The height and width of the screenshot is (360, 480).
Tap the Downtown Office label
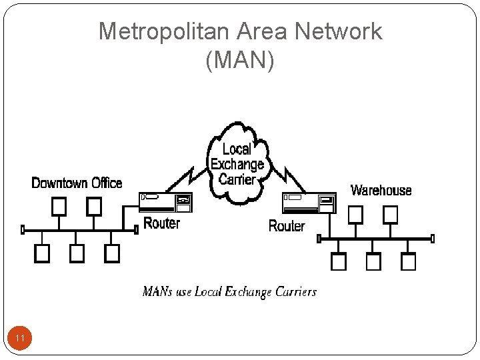point(77,183)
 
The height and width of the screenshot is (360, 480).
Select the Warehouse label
point(381,191)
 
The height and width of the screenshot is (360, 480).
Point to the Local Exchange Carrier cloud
point(237,163)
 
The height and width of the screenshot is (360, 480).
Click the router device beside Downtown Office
point(166,202)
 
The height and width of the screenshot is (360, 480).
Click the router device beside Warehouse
point(309,203)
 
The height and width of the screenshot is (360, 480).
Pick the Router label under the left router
point(162,223)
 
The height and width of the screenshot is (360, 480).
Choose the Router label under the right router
point(286,226)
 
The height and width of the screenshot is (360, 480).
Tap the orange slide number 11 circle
point(20,339)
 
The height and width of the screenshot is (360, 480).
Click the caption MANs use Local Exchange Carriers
point(229,292)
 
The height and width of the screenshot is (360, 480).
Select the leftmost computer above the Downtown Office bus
point(59,205)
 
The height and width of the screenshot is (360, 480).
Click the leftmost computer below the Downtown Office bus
point(42,253)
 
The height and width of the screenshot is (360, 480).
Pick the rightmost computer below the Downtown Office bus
point(112,253)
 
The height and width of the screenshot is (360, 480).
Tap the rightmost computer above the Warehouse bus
point(390,214)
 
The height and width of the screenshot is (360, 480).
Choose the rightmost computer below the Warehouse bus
point(409,262)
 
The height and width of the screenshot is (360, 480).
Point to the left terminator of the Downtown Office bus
point(23,230)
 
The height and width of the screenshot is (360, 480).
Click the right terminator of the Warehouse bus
point(432,238)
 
